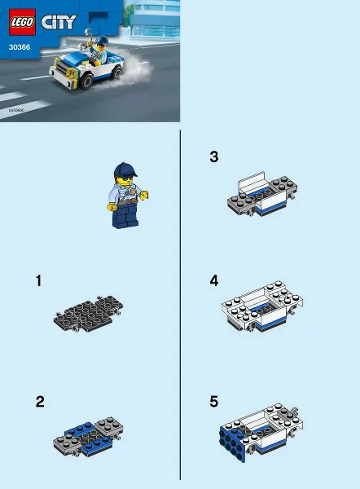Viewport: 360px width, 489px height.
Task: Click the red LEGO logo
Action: pyautogui.click(x=22, y=23)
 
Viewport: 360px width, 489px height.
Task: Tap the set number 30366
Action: pyautogui.click(x=20, y=47)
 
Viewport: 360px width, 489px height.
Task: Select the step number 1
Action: pyautogui.click(x=38, y=281)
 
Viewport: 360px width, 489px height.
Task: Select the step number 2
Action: pyautogui.click(x=39, y=402)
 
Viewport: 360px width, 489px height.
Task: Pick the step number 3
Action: pyautogui.click(x=213, y=156)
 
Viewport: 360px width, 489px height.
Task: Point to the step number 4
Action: pyautogui.click(x=213, y=281)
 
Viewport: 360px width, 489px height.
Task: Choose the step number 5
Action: pyautogui.click(x=213, y=402)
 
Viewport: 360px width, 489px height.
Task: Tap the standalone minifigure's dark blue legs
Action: pyautogui.click(x=126, y=215)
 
